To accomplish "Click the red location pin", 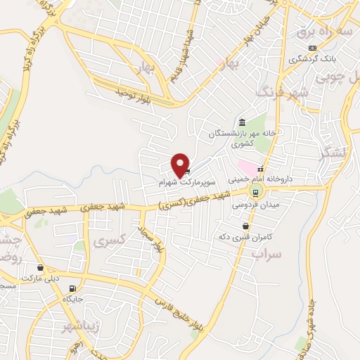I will [181, 165].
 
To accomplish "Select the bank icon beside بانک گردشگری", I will [312, 48].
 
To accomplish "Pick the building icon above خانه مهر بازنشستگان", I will [242, 121].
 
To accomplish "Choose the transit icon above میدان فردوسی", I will [256, 191].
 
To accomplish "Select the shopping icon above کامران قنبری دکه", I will [245, 226].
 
